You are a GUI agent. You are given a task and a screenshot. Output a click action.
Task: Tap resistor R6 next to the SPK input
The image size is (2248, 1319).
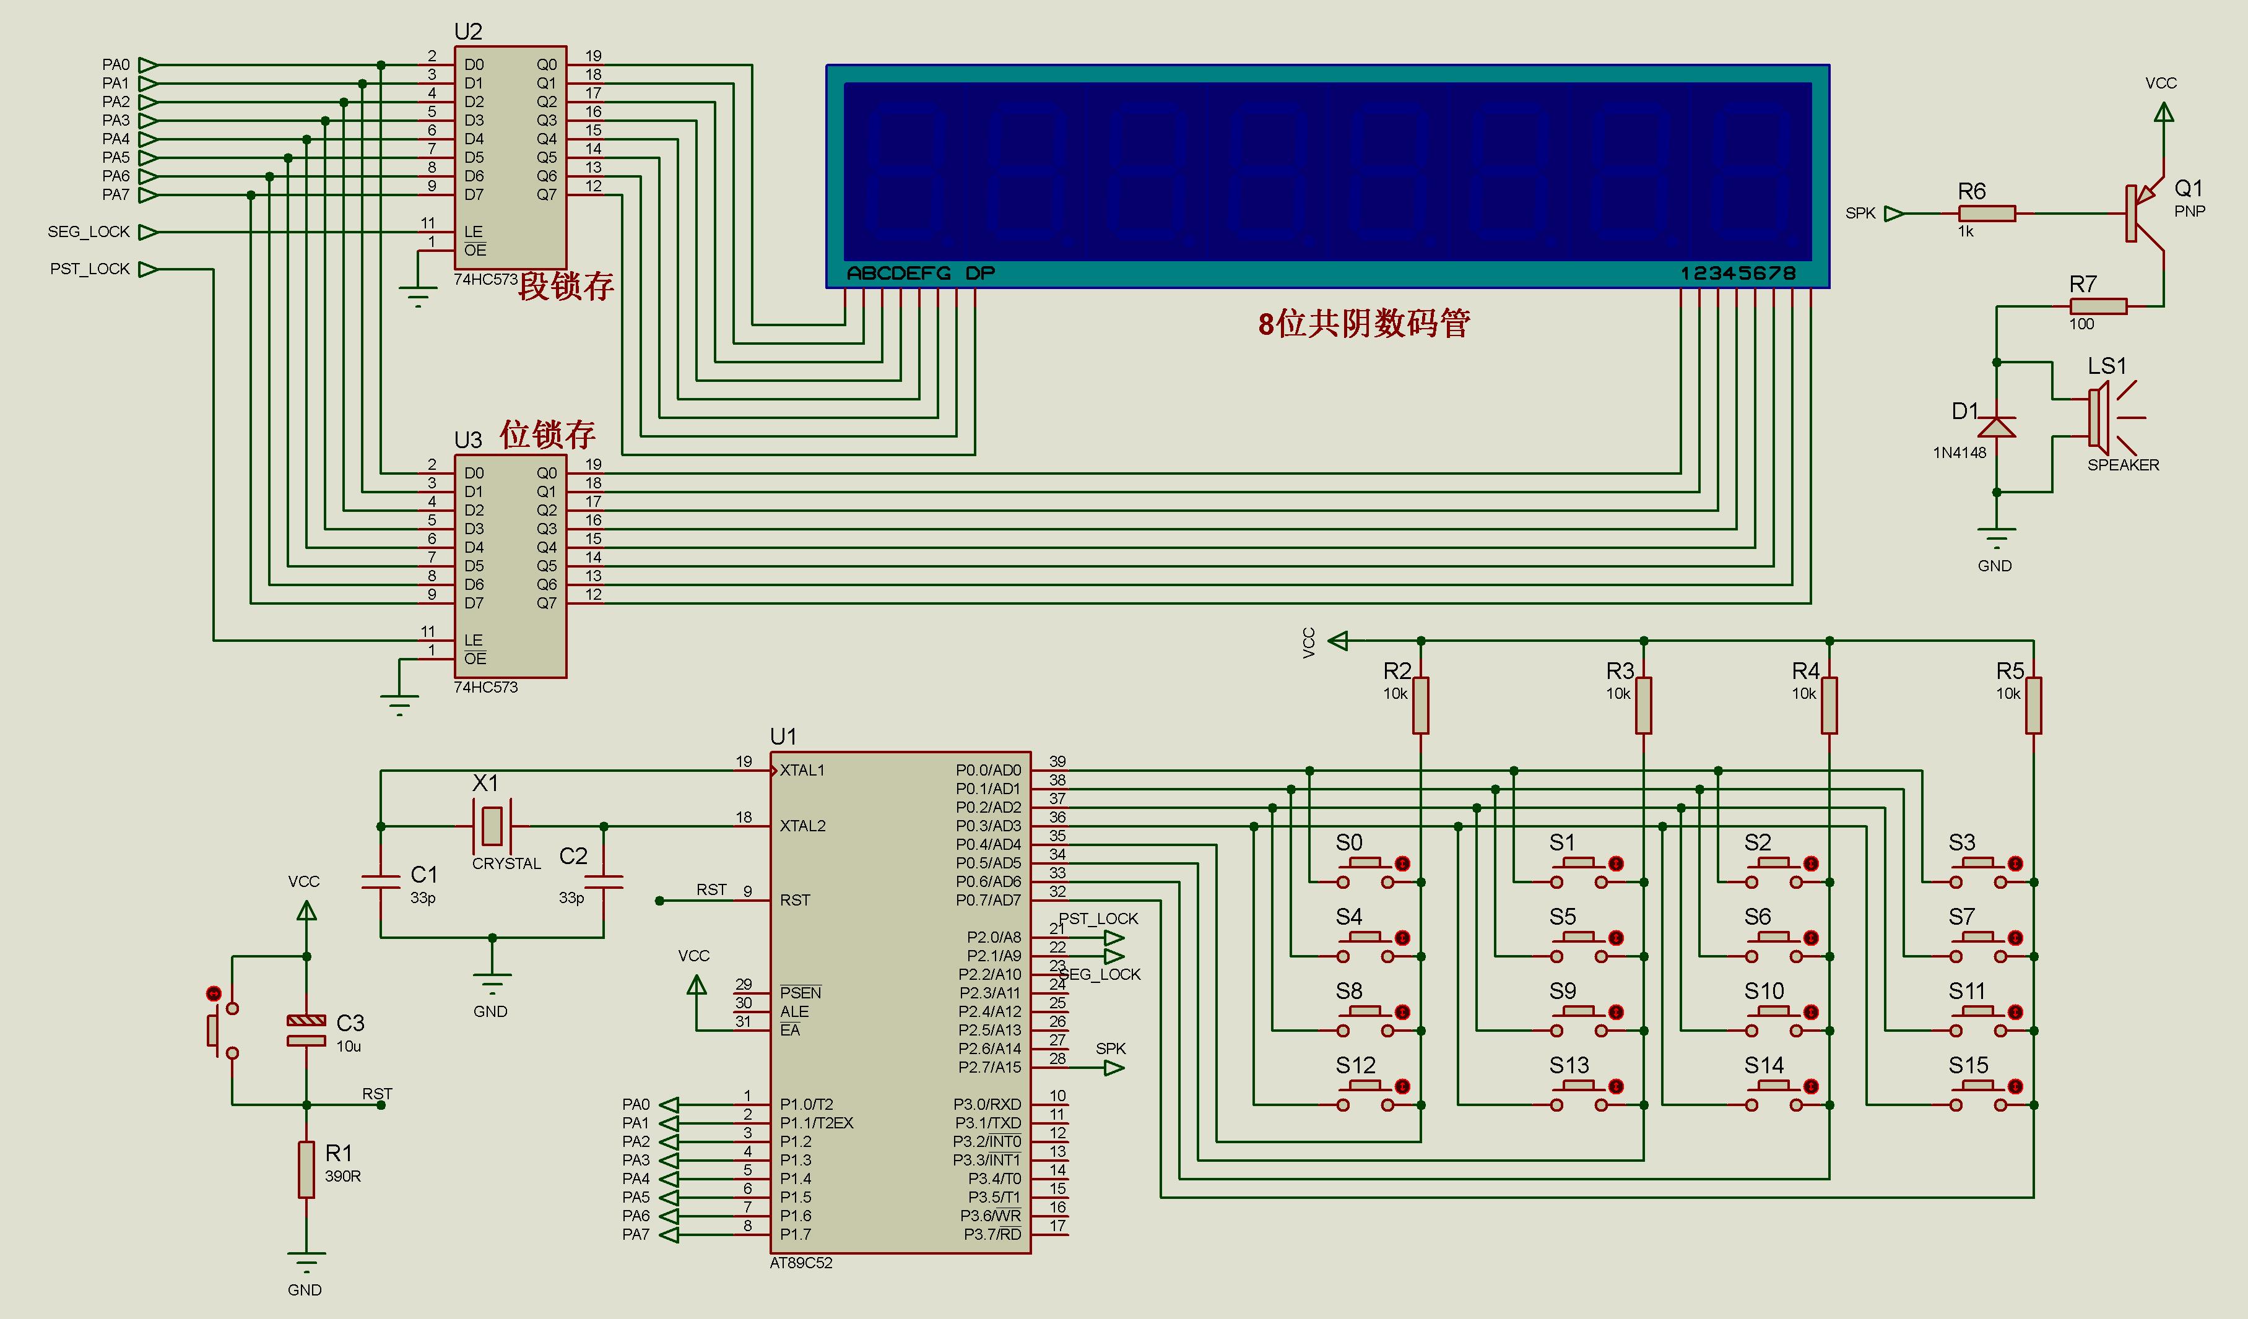pos(1987,213)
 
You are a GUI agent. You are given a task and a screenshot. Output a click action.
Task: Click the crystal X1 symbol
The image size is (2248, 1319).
pos(492,826)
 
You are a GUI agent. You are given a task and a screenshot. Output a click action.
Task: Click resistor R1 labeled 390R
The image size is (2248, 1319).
pos(306,1169)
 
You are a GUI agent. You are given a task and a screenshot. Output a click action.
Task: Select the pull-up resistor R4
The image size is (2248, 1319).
pos(1829,706)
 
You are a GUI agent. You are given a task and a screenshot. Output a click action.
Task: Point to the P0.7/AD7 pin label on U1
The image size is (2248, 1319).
pos(987,900)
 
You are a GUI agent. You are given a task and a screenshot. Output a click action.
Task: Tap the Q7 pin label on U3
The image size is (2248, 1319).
pos(546,603)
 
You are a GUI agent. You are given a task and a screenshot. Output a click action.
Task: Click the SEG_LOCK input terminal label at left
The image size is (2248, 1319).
pos(89,232)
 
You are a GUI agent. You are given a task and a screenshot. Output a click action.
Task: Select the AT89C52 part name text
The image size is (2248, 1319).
pos(800,1263)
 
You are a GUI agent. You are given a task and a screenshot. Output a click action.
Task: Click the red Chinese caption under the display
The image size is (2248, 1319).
pos(1364,323)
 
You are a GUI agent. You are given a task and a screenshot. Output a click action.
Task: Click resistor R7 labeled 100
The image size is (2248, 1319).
pos(2098,306)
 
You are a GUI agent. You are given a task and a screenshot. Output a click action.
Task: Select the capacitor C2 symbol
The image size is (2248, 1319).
pos(604,881)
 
